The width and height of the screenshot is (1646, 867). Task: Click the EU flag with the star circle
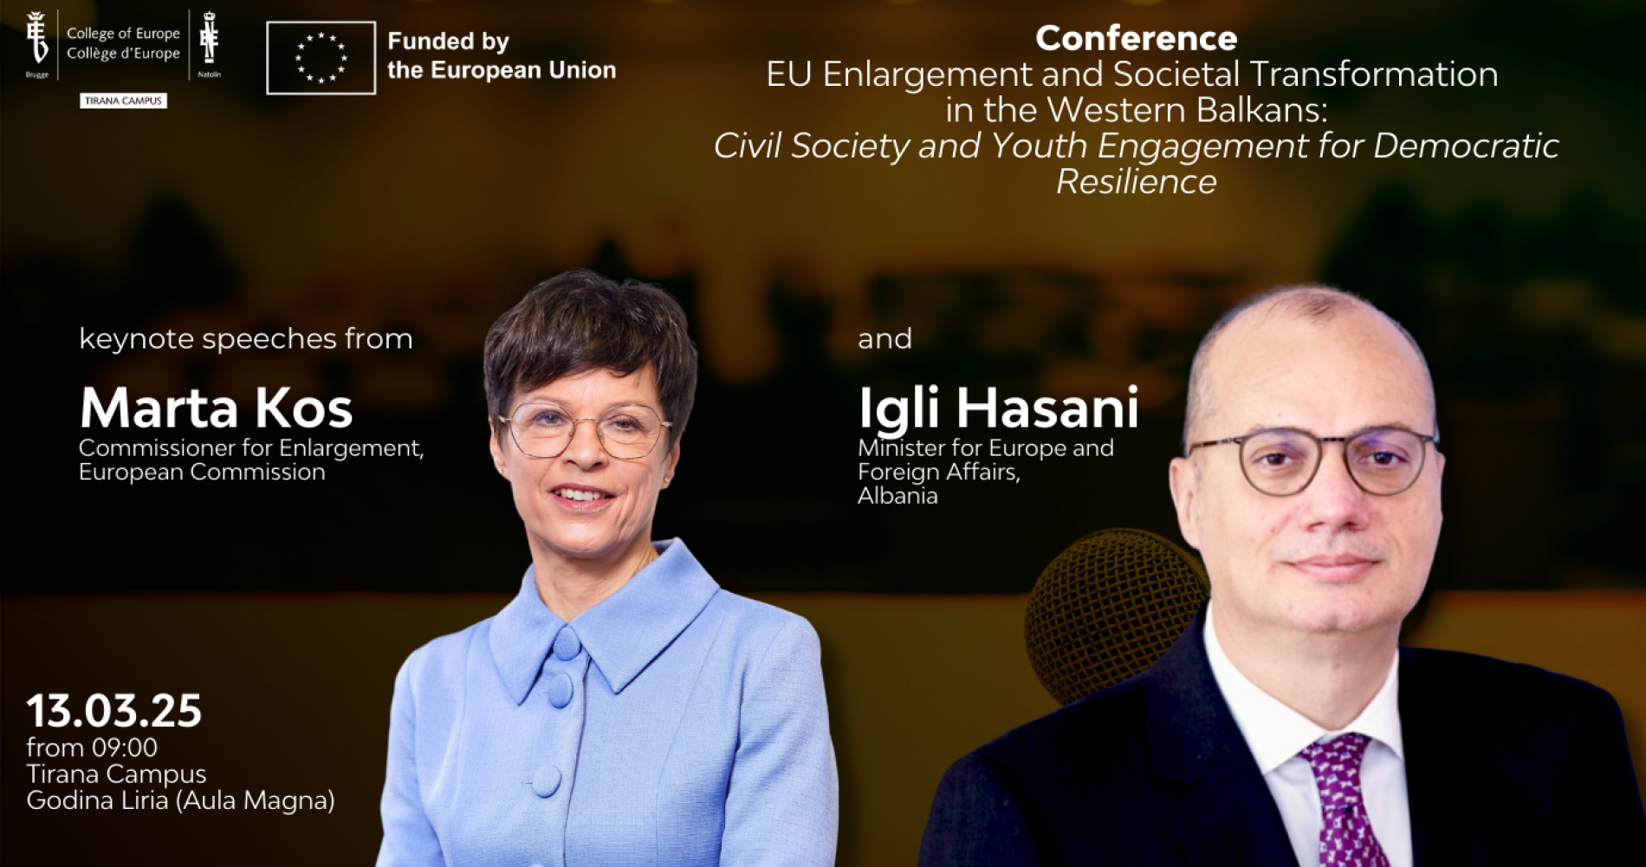coord(321,58)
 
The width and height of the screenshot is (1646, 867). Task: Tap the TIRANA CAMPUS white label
coord(123,101)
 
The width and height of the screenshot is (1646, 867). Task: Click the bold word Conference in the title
coord(1136,38)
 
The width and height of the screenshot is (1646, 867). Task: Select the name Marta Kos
coord(216,407)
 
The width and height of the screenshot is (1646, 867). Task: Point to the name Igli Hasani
coord(998,408)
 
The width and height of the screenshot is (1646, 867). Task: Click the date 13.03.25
coord(113,711)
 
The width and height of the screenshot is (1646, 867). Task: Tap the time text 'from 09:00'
coord(92,747)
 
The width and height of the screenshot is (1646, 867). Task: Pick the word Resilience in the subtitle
coord(1136,181)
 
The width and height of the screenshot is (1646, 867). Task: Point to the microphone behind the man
coord(1113,607)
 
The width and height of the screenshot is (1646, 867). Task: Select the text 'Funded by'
coord(448,42)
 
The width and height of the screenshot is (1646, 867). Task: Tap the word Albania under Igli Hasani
coord(898,496)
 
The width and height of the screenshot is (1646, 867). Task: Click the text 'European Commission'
coord(202,472)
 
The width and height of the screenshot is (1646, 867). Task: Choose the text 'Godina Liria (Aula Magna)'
coord(180,799)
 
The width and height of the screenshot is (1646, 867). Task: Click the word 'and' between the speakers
coord(885,339)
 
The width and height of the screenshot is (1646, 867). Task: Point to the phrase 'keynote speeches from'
coord(246,339)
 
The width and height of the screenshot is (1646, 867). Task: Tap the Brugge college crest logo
coord(36,41)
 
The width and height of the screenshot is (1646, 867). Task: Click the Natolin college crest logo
coord(209,39)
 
